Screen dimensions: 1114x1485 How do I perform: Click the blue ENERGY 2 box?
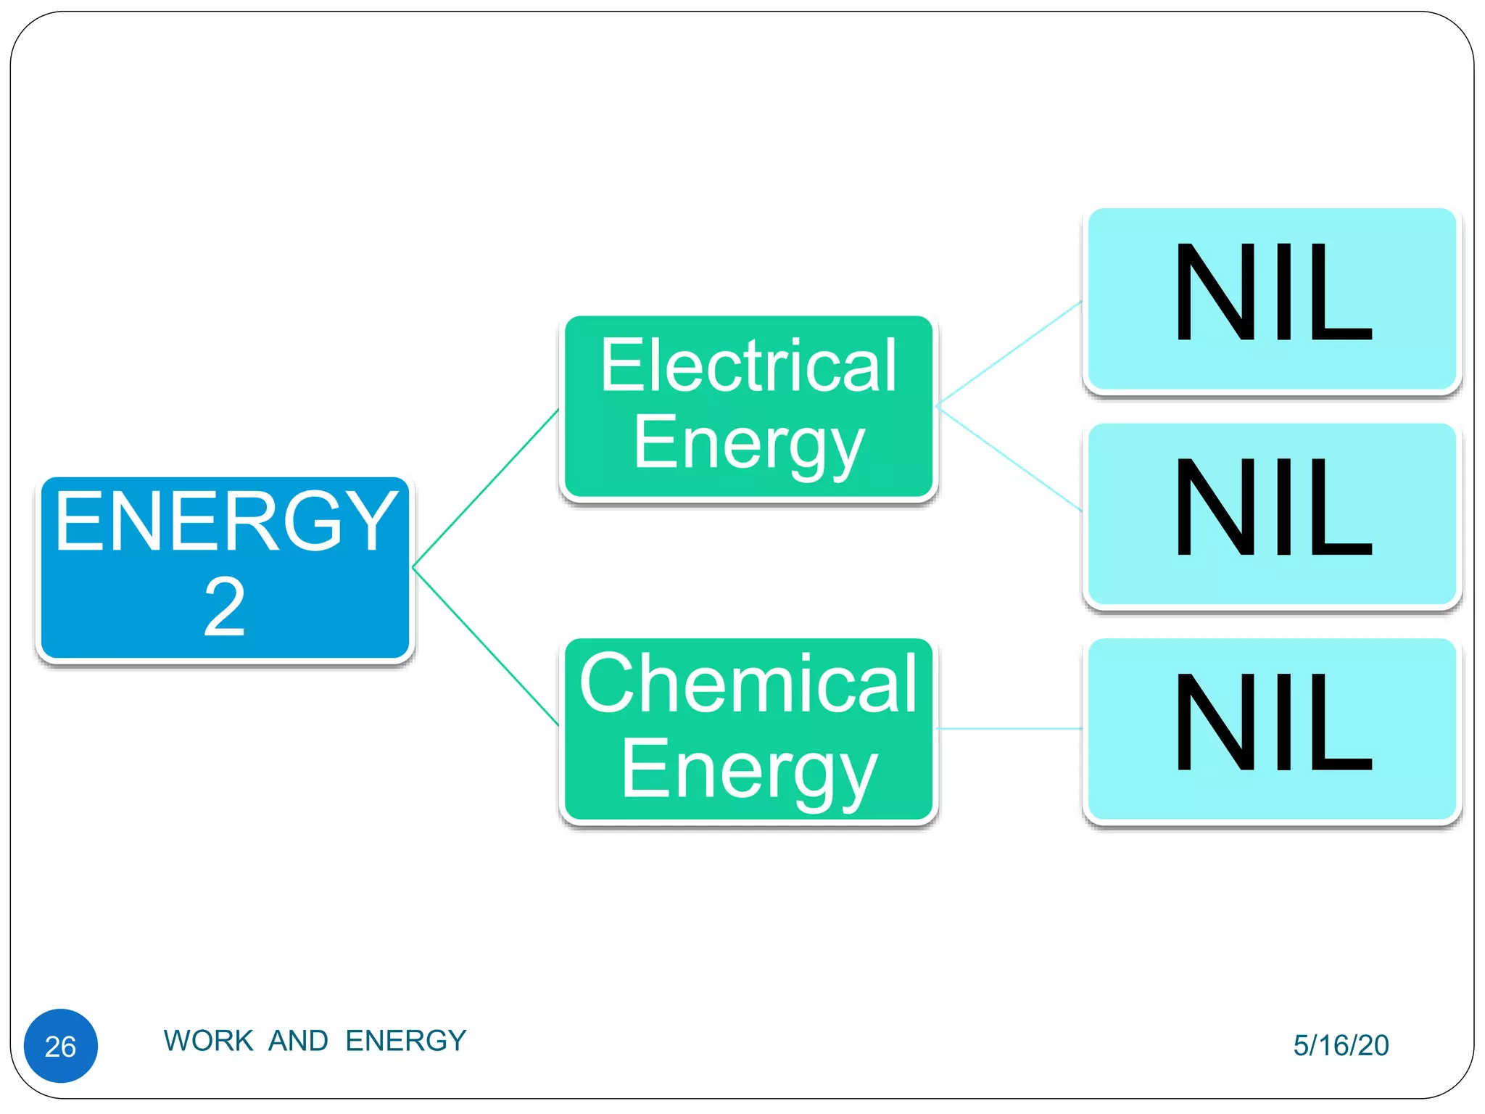coord(225,568)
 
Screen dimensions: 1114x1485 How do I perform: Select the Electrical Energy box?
coord(748,408)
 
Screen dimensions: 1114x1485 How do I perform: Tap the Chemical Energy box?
coord(748,730)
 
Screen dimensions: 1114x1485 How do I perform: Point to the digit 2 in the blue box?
coord(225,608)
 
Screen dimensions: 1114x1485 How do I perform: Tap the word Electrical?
coord(748,366)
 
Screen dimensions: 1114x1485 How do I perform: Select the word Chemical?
coord(748,683)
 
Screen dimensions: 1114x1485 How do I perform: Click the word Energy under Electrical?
coord(748,444)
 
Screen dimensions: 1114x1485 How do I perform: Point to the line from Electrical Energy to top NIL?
coord(1009,353)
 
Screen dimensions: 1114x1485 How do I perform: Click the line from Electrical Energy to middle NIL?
coord(1009,459)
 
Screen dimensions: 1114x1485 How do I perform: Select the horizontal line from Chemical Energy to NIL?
coord(1009,728)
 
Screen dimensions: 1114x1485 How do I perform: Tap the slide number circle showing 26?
coord(61,1046)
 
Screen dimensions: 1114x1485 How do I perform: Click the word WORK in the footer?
coord(208,1041)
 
